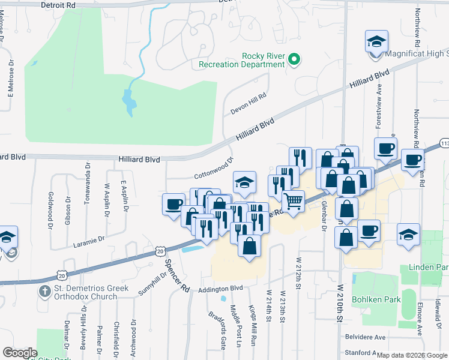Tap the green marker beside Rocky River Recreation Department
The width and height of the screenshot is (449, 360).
294,59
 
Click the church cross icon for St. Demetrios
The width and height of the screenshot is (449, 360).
44,293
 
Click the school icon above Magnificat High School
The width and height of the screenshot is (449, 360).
376,41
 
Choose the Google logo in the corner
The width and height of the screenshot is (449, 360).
20,353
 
